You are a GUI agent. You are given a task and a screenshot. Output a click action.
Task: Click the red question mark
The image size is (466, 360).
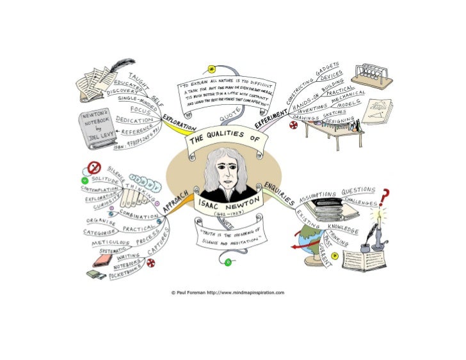click(385, 195)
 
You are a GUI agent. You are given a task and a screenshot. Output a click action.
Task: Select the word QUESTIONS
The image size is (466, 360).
click(359, 191)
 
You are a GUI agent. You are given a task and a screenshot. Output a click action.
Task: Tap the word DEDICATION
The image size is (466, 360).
click(134, 120)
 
